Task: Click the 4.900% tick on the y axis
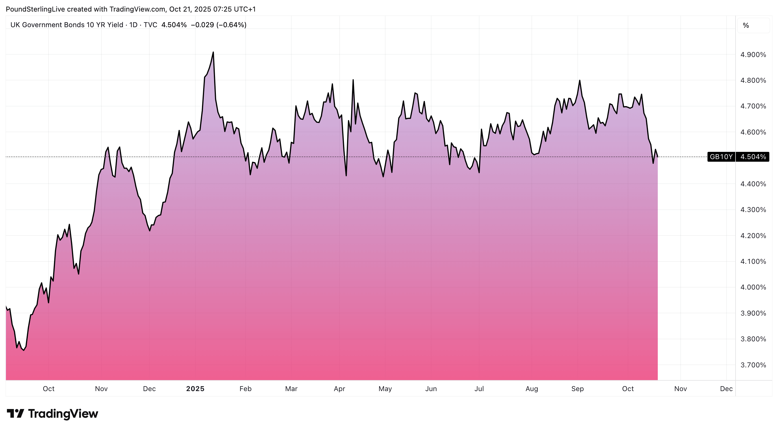pos(753,55)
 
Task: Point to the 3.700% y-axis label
pos(753,365)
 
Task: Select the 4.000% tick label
pos(753,288)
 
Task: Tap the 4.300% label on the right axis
pos(753,210)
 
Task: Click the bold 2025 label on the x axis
pos(195,389)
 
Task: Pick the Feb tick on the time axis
pos(245,389)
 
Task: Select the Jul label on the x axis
pos(479,389)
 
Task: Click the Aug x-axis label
pos(531,389)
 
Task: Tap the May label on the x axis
pos(385,389)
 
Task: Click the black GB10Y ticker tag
pos(721,157)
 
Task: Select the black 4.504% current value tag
pos(753,157)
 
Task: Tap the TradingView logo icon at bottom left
pos(15,413)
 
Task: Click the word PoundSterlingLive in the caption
pos(35,9)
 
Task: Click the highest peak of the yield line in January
pos(213,52)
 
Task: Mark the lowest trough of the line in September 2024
pos(24,350)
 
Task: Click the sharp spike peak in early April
pos(353,80)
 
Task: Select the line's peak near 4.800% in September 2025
pos(579,80)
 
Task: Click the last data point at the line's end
pos(657,157)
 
